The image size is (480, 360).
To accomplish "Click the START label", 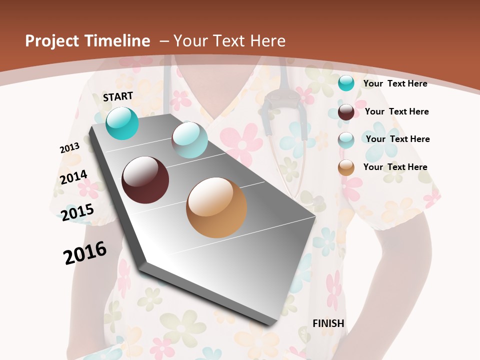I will click(x=118, y=96).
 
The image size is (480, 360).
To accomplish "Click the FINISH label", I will click(x=328, y=323).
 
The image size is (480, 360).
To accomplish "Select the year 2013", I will click(x=69, y=148).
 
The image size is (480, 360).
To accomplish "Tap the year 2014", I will click(x=73, y=177).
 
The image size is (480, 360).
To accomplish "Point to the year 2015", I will click(x=77, y=212).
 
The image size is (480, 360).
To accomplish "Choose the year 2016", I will click(x=85, y=253).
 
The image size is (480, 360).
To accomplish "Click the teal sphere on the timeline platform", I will click(x=122, y=123).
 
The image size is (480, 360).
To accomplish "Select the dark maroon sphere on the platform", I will click(x=145, y=180).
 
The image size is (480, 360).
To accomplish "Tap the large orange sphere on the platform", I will click(x=216, y=207).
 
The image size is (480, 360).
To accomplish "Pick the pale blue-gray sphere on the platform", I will click(x=189, y=140).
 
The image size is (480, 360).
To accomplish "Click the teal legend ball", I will click(x=346, y=83).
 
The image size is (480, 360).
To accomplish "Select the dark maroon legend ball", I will click(x=346, y=112).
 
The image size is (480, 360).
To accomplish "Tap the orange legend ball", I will click(x=346, y=167).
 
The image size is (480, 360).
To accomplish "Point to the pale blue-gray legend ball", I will click(x=346, y=140).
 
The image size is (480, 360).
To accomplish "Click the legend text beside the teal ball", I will click(x=395, y=83).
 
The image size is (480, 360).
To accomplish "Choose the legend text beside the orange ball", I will click(x=395, y=167).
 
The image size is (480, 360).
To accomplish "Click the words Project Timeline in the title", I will click(x=87, y=41).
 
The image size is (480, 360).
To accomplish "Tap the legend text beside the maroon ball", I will click(x=396, y=111).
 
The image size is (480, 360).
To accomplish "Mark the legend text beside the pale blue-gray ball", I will click(x=397, y=139).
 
